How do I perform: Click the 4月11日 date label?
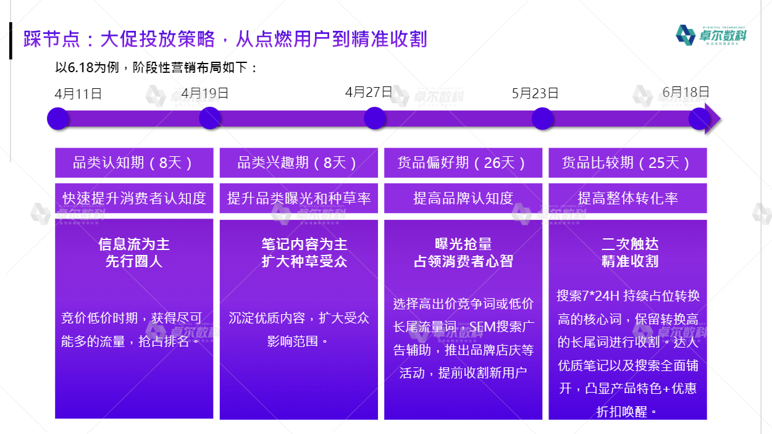pos(78,94)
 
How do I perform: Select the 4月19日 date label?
pos(204,93)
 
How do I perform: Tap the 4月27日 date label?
pos(369,92)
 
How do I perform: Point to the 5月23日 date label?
pos(535,93)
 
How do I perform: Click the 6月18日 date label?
pos(686,92)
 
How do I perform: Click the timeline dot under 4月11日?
pos(58,119)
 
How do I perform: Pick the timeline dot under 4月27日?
pos(375,118)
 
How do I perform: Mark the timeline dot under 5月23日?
pos(542,119)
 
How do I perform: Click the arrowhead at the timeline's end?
pos(713,119)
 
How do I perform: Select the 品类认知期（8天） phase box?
pos(134,162)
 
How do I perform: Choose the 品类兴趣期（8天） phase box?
pos(298,162)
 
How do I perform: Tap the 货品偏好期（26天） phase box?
pos(463,162)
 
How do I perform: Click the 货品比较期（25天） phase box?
pos(627,162)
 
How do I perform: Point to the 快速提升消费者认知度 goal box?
pos(134,198)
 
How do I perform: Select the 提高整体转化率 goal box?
pos(627,198)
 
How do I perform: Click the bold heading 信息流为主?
pos(134,244)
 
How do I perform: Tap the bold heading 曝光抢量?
pos(463,244)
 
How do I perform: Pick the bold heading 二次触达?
pos(630,244)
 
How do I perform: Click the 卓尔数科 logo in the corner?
pos(711,35)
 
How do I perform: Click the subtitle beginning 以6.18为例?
pos(156,67)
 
